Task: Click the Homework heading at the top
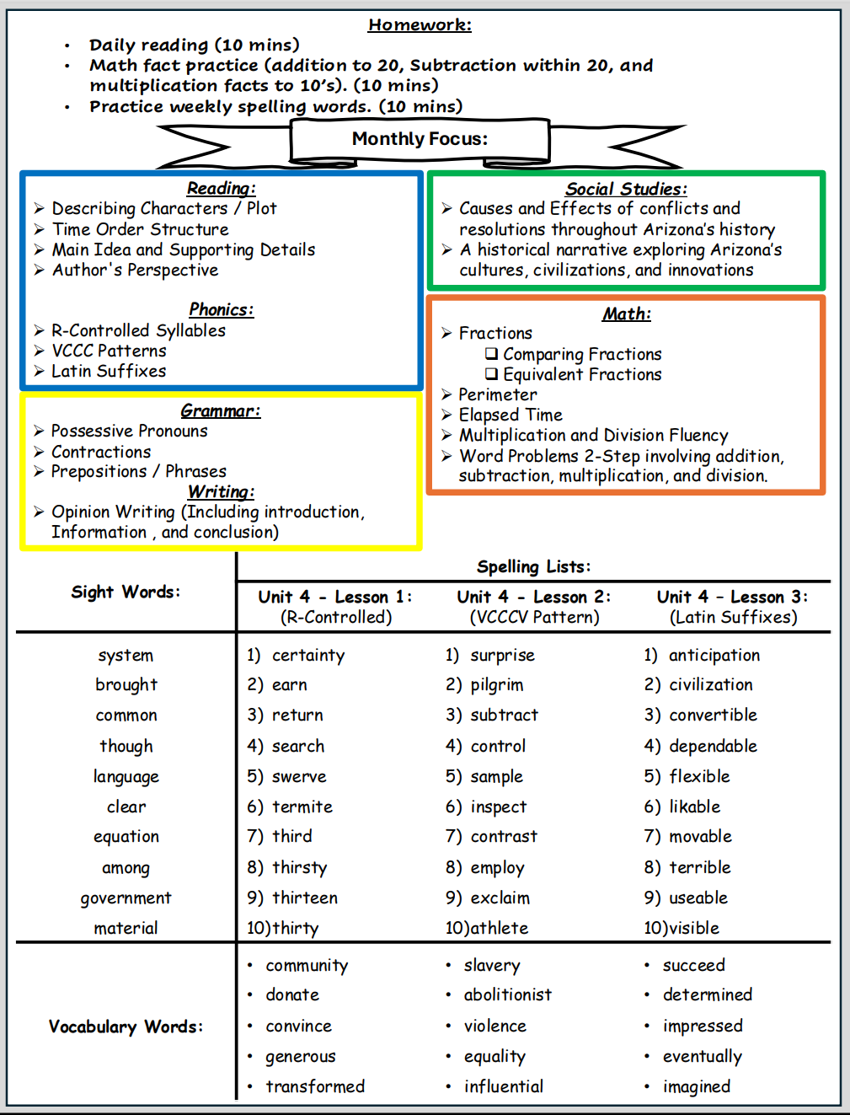420,24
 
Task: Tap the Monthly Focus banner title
420,139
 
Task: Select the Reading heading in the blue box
221,188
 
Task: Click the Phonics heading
221,309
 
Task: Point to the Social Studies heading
626,189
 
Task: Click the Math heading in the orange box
626,314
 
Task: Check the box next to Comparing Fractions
491,354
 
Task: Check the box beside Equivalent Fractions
491,374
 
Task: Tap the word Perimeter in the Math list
497,394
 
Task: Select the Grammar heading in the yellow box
221,410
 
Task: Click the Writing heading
221,491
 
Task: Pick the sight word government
126,898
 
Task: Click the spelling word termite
302,807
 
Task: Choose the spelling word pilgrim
496,685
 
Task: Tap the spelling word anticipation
714,655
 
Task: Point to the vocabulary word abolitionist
507,994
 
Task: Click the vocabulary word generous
300,1057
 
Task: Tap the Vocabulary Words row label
126,1027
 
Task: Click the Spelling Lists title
533,566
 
